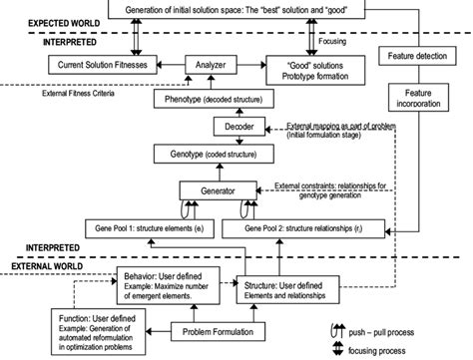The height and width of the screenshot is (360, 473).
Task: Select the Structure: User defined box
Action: pos(291,290)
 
